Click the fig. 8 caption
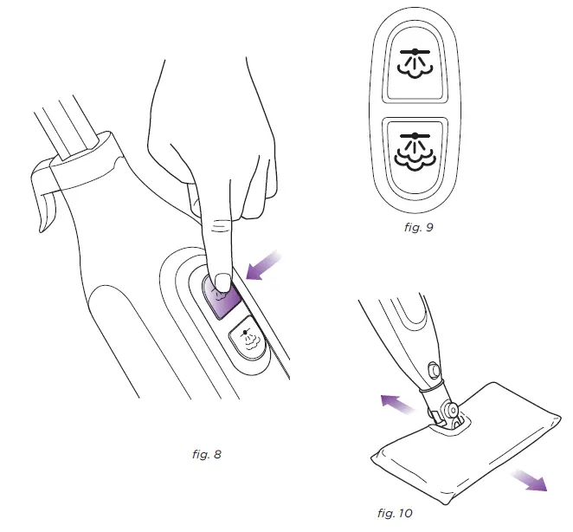(x=205, y=453)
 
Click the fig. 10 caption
(x=396, y=513)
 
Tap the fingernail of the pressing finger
(x=222, y=281)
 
